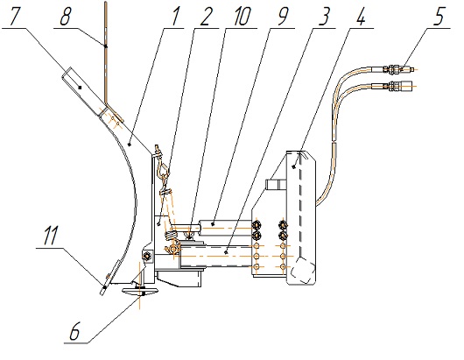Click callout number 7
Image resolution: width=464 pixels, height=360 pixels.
(17, 17)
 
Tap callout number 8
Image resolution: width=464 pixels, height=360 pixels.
(66, 17)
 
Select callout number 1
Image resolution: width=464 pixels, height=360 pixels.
(175, 16)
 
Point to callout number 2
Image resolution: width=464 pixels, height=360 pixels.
(206, 16)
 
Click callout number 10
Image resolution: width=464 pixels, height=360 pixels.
(241, 16)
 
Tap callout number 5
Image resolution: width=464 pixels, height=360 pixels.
(439, 16)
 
